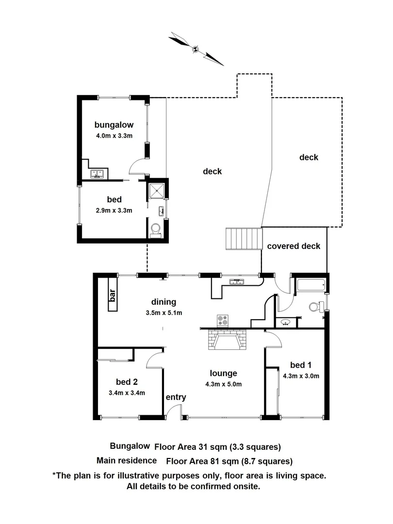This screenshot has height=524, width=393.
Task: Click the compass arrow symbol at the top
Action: (x=196, y=49)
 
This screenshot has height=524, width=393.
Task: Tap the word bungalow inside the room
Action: (x=114, y=124)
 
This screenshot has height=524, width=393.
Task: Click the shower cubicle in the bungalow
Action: (x=157, y=191)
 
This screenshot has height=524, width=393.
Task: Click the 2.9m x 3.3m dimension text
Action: (x=114, y=210)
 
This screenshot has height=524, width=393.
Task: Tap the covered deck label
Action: (x=294, y=246)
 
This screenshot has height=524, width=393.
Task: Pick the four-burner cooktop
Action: (x=224, y=320)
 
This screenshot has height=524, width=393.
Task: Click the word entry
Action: (x=176, y=397)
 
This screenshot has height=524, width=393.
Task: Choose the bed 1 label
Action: (x=298, y=365)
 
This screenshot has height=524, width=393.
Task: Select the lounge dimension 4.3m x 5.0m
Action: (x=223, y=384)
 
